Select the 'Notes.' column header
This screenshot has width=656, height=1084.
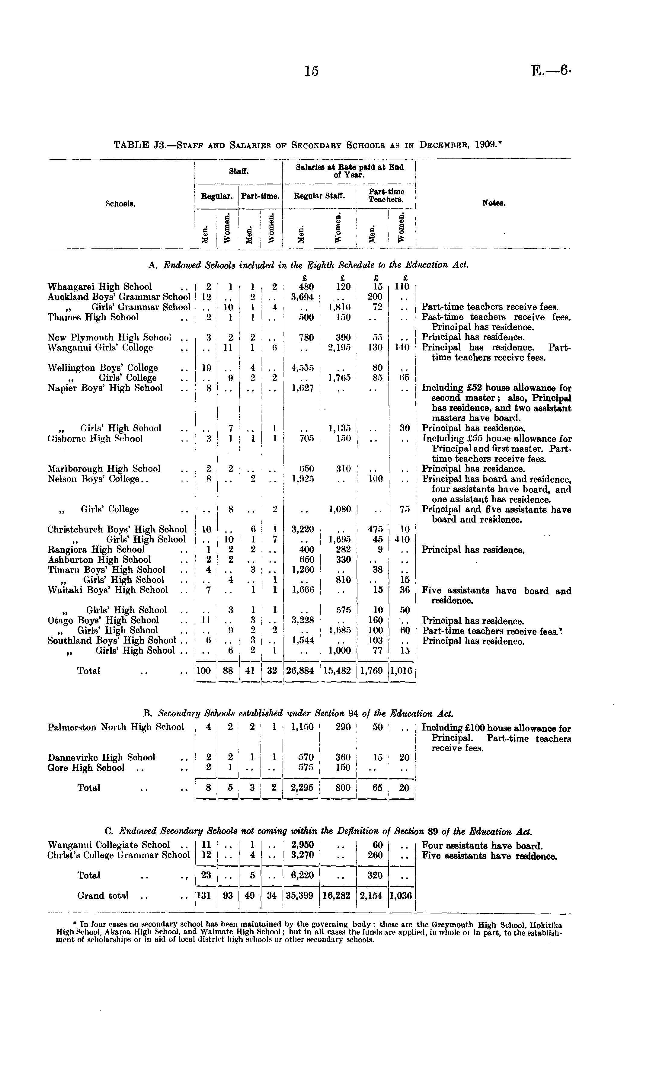pyautogui.click(x=494, y=203)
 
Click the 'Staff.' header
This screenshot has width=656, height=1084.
pyautogui.click(x=237, y=171)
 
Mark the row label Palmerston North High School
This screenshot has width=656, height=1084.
pyautogui.click(x=116, y=727)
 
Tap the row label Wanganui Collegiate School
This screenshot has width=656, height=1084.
pyautogui.click(x=109, y=845)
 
